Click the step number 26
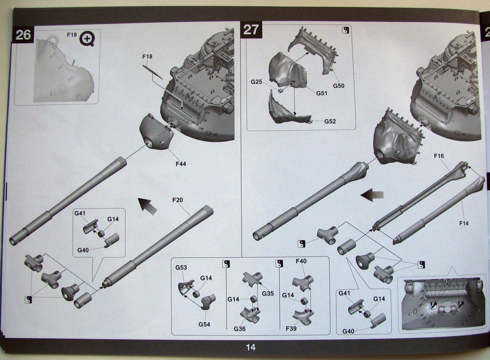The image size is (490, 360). coord(23,34)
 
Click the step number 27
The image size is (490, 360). coord(251,30)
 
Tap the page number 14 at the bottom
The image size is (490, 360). coord(251,347)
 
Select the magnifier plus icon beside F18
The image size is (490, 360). coord(87,39)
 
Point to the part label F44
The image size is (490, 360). coord(180,164)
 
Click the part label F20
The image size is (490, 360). coord(178,200)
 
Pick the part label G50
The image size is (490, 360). coord(338,86)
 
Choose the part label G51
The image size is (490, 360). coord(322,93)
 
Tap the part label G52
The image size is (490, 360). coord(330,121)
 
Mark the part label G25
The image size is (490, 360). coord(256,81)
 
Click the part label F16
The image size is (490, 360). coord(439,156)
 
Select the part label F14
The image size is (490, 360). coord(464,223)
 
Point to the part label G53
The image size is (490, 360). coord(181,268)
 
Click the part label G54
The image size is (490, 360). coord(204,325)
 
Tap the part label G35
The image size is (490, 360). coord(268,293)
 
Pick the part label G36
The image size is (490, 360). coord(240,329)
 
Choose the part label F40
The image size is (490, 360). coord(301,261)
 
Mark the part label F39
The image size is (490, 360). coord(291,328)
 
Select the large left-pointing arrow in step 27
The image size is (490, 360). coord(372,195)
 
